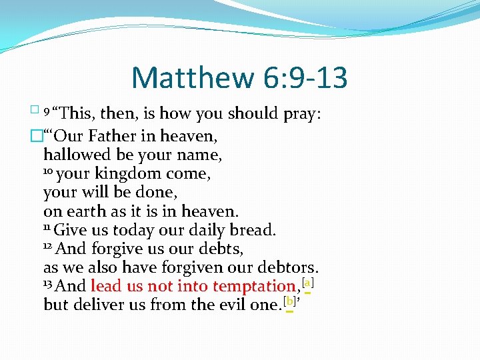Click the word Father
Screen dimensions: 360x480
tap(114, 137)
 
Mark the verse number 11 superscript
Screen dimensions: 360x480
tap(47, 227)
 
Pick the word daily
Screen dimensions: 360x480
tap(193, 231)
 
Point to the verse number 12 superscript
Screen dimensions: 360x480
tap(48, 246)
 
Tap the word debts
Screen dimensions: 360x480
tap(219, 249)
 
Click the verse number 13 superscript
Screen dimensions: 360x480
tap(48, 283)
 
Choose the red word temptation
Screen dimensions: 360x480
tap(253, 287)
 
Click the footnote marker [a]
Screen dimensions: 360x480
tap(308, 283)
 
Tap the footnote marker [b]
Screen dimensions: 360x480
tap(289, 301)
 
